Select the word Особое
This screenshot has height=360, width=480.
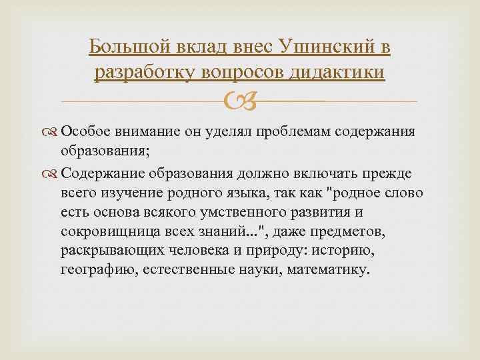86,131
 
